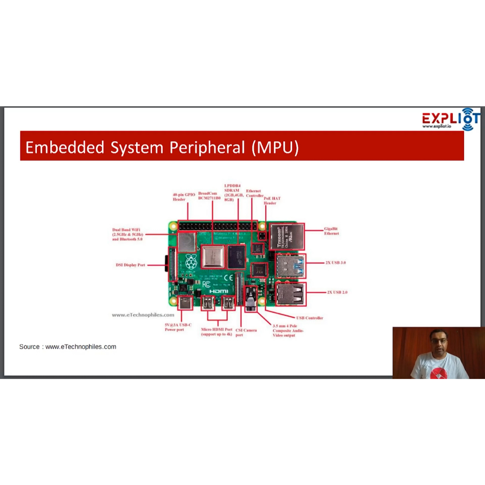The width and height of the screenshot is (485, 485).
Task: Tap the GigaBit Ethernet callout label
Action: (x=331, y=231)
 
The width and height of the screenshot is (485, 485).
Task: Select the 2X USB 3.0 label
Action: (x=336, y=262)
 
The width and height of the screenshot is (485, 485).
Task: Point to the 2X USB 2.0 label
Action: (x=337, y=292)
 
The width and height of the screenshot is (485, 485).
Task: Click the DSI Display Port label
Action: (x=130, y=265)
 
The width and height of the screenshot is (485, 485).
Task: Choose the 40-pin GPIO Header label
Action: (x=184, y=197)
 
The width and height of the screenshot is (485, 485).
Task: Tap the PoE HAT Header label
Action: (x=272, y=201)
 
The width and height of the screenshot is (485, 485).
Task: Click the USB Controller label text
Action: (x=309, y=318)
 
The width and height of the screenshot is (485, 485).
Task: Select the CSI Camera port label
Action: (x=246, y=332)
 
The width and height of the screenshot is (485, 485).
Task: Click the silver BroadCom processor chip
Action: (x=212, y=257)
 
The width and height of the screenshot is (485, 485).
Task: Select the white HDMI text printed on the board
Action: (x=219, y=291)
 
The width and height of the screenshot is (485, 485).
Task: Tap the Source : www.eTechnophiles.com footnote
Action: (x=68, y=347)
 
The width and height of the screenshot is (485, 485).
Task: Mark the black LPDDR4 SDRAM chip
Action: (x=236, y=257)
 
